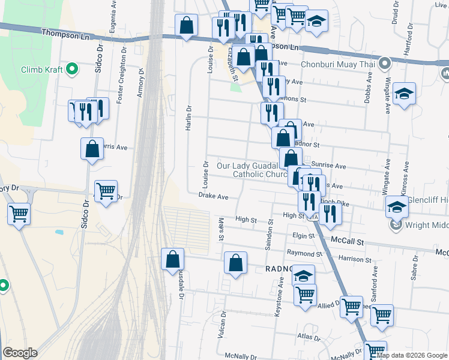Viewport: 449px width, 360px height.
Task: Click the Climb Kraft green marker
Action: click(73, 70)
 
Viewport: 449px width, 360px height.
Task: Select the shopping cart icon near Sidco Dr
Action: click(106, 192)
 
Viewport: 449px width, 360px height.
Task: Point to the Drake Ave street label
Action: click(214, 196)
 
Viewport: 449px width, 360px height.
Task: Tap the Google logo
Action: click(20, 353)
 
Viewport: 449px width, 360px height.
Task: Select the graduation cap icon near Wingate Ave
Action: click(404, 94)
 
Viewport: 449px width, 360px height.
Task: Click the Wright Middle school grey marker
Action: click(396, 226)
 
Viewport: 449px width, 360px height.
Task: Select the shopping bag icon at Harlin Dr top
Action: click(187, 26)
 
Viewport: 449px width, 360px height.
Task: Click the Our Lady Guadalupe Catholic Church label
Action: click(255, 170)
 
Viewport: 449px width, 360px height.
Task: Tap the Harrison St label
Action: click(355, 259)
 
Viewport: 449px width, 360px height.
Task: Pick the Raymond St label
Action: click(301, 254)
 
